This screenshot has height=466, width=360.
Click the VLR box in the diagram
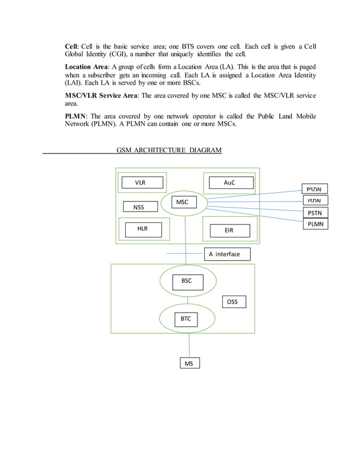[x=142, y=182]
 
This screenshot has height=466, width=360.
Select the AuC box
[x=231, y=183]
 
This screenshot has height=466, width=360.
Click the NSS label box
[x=139, y=207]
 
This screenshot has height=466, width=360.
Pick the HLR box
[x=142, y=230]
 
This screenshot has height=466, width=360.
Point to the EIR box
[x=229, y=231]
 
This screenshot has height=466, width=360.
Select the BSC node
[x=186, y=280]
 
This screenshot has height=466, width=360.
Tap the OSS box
[x=232, y=302]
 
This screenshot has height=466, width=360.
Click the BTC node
[x=186, y=319]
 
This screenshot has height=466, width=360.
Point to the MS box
[x=188, y=363]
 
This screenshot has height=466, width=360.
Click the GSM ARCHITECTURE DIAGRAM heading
[x=169, y=150]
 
